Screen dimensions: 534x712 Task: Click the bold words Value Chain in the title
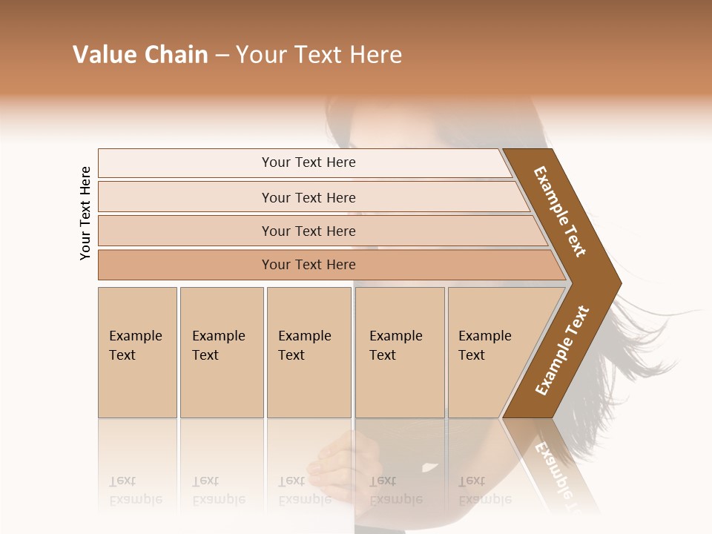140,55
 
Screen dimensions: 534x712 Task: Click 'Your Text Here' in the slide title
319,55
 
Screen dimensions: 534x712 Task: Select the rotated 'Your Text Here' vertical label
85,213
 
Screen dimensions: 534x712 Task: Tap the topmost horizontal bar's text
309,162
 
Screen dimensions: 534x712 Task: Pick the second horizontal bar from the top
309,197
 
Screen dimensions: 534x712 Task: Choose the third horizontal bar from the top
309,231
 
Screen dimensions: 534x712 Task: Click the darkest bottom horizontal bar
309,265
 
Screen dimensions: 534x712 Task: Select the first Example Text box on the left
137,352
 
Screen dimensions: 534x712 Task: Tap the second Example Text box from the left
221,352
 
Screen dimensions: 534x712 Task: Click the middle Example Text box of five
309,352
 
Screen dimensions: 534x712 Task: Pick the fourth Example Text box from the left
399,352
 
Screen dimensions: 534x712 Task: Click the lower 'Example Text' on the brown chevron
561,351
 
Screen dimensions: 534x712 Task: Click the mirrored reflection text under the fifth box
485,490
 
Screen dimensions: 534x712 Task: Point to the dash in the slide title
222,56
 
